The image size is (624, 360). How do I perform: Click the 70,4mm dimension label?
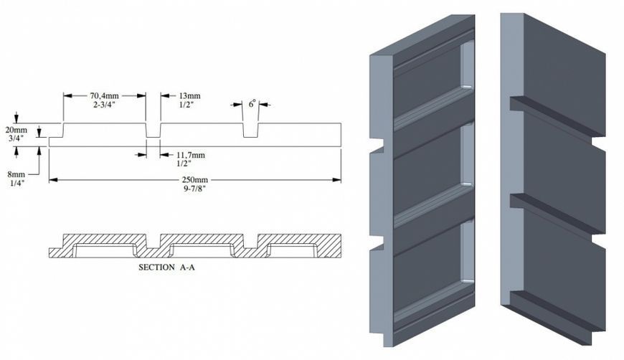coord(104,96)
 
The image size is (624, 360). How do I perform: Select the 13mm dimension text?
coord(189,96)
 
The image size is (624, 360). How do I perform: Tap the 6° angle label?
coord(252,104)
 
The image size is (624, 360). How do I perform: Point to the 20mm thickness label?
coord(16,130)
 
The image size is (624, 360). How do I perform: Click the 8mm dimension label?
coord(16,174)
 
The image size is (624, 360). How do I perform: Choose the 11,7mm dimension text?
coord(191,155)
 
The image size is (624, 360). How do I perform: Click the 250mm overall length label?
coord(195,180)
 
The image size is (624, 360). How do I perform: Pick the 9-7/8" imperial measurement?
coord(195,188)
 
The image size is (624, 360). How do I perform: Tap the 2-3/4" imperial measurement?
coord(104,104)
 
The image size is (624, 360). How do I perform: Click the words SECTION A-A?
coord(166,267)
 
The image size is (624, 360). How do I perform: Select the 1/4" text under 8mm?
coord(16,183)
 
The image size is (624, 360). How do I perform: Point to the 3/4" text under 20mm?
coord(16,138)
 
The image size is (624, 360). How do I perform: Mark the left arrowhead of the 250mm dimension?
coord(54,180)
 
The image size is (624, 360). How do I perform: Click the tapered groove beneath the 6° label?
coord(251,131)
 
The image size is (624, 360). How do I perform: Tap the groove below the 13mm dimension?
coord(153,131)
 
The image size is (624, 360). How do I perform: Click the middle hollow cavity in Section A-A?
coord(202,250)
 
